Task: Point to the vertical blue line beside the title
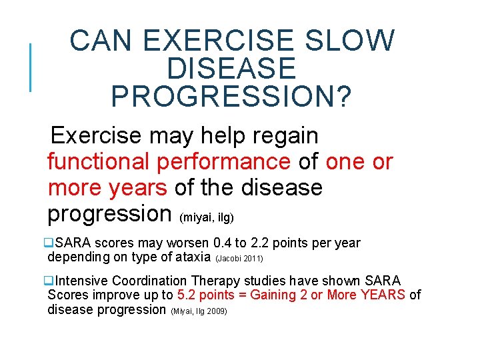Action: pyautogui.click(x=30, y=67)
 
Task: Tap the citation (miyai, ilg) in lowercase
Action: pyautogui.click(x=207, y=217)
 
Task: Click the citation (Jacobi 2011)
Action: pyautogui.click(x=239, y=258)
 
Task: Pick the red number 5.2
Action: pyautogui.click(x=186, y=295)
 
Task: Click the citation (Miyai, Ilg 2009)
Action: pyautogui.click(x=199, y=311)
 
